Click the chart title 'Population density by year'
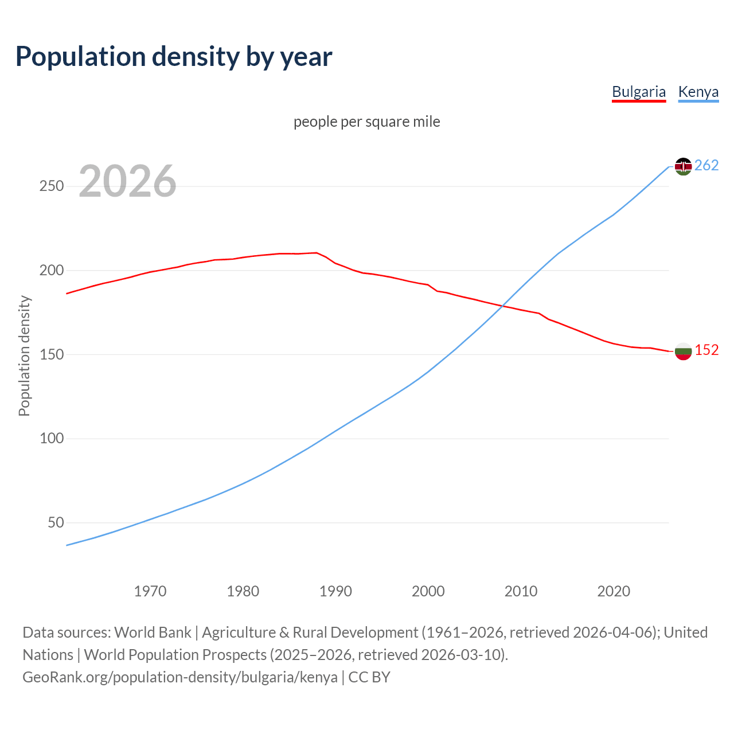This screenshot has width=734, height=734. coord(174,56)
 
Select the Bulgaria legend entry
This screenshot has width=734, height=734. coord(639,92)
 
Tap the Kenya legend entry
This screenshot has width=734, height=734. coord(698,92)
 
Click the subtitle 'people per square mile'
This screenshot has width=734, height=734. coord(366,122)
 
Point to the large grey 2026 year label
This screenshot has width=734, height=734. coord(127,181)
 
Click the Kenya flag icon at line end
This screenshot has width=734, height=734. coord(683,166)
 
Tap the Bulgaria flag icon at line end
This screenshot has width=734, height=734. coord(683,351)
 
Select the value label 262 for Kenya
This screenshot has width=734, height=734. coord(706,166)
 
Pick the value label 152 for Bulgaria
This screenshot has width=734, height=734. coord(706,350)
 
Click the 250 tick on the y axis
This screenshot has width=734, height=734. coord(52,186)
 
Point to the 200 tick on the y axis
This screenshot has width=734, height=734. coord(52,270)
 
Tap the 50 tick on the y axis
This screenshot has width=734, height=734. coord(56,522)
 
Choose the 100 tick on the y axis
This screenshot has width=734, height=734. coord(52,439)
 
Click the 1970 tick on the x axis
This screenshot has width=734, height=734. coord(150,591)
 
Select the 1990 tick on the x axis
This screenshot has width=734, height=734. coord(335,591)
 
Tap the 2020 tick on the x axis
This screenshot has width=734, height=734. coord(614,591)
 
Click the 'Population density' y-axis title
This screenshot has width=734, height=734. coord(24,356)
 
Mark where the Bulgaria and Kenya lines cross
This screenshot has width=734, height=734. coord(503,306)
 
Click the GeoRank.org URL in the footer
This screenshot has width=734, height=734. coord(179,677)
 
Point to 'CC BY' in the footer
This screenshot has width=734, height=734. coord(369,677)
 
